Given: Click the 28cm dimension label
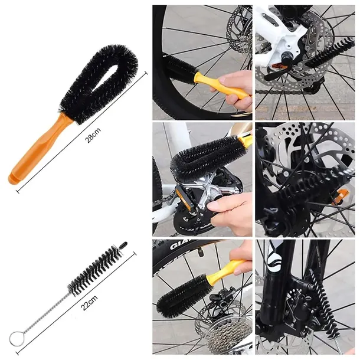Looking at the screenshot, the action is [x=93, y=135].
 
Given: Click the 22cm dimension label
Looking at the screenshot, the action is [x=89, y=303].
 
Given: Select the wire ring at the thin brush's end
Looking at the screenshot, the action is [x=16, y=338].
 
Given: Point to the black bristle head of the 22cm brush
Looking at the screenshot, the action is [x=96, y=270].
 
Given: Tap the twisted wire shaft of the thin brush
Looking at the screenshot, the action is [x=46, y=312].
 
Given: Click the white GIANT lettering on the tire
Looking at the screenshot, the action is [x=180, y=245].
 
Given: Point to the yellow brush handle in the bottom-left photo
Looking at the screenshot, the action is [x=226, y=270].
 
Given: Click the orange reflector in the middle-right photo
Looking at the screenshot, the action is [x=341, y=197].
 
